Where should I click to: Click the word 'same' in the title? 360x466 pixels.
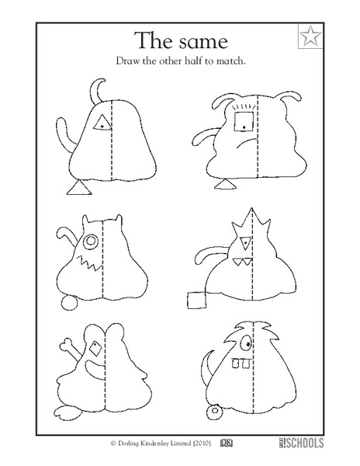[202, 40]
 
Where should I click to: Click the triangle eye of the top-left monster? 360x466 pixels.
[101, 122]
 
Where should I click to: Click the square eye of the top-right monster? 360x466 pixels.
[244, 120]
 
